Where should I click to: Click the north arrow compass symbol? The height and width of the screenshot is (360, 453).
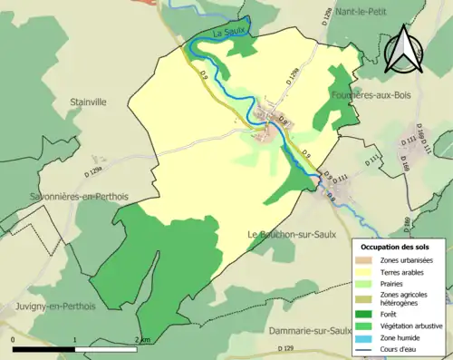(405, 49)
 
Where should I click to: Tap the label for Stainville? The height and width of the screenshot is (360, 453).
(88, 102)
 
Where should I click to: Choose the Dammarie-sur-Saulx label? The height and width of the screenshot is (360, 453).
(311, 330)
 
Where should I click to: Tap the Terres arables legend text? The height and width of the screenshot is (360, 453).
(406, 272)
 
